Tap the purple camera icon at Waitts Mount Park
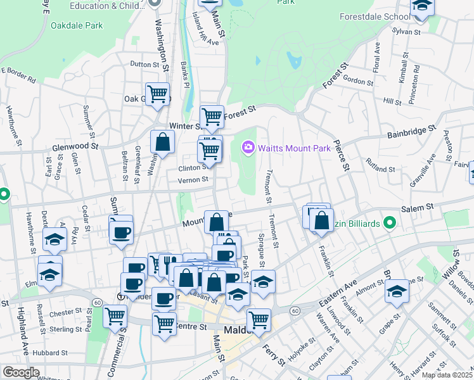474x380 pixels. click(x=248, y=148)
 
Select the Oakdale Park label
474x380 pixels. click(x=76, y=26)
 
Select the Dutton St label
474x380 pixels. click(x=144, y=64)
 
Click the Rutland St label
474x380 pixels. click(x=379, y=170)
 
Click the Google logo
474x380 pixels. click(x=21, y=372)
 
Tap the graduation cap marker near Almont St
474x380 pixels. click(x=397, y=291)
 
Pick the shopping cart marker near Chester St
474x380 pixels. click(x=115, y=315)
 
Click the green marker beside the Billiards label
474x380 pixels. click(x=390, y=223)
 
